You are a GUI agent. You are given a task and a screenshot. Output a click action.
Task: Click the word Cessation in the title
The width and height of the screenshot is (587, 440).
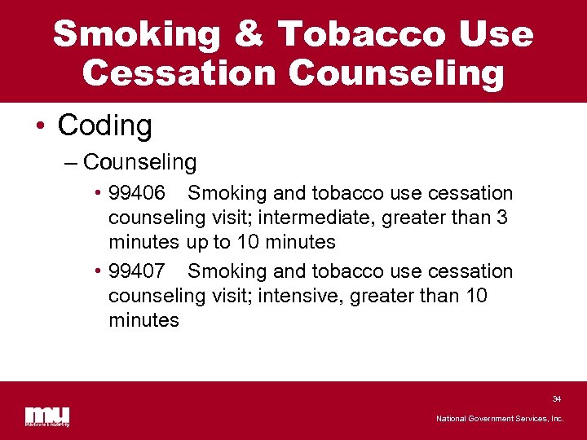coord(180,73)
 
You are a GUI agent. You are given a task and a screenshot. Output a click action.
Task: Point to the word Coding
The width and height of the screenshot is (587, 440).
coord(104,125)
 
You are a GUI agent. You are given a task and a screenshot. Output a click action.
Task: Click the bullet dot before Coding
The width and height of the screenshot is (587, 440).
coord(40,126)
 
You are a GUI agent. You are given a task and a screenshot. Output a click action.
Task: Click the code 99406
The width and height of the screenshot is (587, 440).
coord(137,193)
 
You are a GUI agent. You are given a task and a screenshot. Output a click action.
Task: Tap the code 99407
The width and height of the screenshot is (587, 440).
coord(137,271)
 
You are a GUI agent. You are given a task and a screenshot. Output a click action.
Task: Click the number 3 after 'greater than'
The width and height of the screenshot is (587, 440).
coord(504,218)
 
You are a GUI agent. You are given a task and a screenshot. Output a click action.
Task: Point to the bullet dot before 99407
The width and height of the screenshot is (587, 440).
coord(97,271)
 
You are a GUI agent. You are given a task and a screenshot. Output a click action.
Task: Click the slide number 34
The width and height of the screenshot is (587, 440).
coord(556,399)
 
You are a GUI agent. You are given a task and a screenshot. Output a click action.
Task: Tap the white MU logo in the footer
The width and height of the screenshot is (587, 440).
coord(46,416)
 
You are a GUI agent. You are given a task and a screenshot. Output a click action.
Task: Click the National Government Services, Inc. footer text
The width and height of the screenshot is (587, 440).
coord(499,419)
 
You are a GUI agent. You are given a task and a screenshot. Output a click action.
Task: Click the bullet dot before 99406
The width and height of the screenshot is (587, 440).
coord(97,194)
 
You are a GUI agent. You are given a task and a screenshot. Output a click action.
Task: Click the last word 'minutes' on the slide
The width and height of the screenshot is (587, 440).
coord(143,319)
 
